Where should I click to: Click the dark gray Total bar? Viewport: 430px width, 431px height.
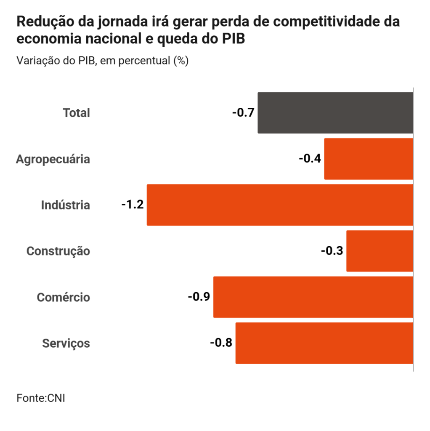click(335, 113)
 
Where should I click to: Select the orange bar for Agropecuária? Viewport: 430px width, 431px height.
click(368, 159)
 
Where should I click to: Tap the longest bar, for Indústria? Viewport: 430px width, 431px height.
click(279, 205)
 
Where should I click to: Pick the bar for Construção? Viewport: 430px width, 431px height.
click(379, 251)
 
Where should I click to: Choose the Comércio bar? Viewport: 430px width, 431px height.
click(313, 297)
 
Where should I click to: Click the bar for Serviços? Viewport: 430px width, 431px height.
click(324, 343)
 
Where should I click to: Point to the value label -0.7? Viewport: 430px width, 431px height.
click(243, 113)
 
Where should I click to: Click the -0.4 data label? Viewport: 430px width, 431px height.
click(310, 159)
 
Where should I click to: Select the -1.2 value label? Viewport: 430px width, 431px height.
click(133, 205)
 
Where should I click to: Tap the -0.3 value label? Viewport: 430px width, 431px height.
click(332, 251)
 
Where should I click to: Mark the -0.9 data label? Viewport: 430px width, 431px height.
click(199, 297)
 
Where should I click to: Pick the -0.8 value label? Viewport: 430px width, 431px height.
click(221, 343)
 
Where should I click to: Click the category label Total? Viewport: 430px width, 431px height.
click(76, 113)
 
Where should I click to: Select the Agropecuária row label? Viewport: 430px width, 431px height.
click(53, 159)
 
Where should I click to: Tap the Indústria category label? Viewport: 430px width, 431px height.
click(66, 205)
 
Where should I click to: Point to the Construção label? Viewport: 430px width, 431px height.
click(58, 251)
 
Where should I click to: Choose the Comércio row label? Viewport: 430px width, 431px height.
click(64, 298)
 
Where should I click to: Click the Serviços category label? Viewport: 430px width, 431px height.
click(66, 343)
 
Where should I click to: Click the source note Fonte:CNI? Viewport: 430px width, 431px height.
click(41, 398)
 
